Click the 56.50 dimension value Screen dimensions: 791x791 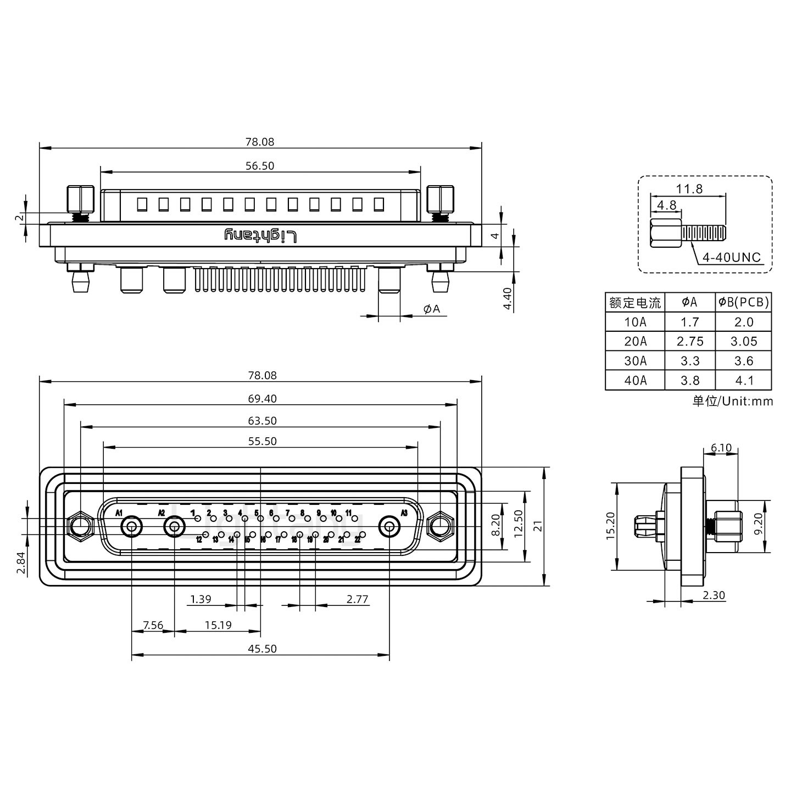click(x=260, y=165)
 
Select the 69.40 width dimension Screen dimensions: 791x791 click(x=262, y=398)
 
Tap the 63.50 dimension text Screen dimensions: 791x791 click(x=262, y=421)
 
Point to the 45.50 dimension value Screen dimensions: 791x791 click(x=262, y=648)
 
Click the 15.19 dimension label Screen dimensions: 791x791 click(x=218, y=625)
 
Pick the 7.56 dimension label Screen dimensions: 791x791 click(x=153, y=625)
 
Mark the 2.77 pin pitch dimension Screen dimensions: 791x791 click(x=357, y=599)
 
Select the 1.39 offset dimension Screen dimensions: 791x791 click(x=200, y=599)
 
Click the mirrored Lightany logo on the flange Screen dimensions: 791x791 click(x=261, y=236)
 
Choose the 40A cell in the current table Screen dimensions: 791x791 click(x=635, y=380)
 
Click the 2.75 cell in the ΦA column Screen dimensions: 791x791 click(x=690, y=341)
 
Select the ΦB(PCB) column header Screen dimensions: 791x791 click(x=743, y=302)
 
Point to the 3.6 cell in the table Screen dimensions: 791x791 click(x=743, y=361)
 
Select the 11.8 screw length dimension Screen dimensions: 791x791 click(x=689, y=188)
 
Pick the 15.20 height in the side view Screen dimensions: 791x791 click(x=610, y=526)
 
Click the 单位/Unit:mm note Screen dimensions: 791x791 click(x=732, y=401)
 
